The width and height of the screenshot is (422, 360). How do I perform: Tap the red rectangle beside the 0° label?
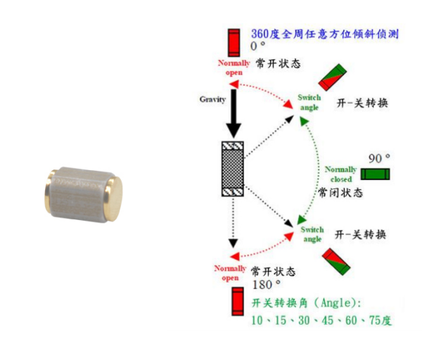pos(234,41)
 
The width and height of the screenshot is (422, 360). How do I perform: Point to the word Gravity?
pos(212,99)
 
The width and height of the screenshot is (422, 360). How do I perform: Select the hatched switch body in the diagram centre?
pos(232,169)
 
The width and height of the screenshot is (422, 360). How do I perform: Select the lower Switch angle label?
pos(312,234)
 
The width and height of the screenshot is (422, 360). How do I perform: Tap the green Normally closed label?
pos(342,174)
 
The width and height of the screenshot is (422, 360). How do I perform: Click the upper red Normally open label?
pos(234,67)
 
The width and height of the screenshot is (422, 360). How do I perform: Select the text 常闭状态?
pos(340,191)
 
